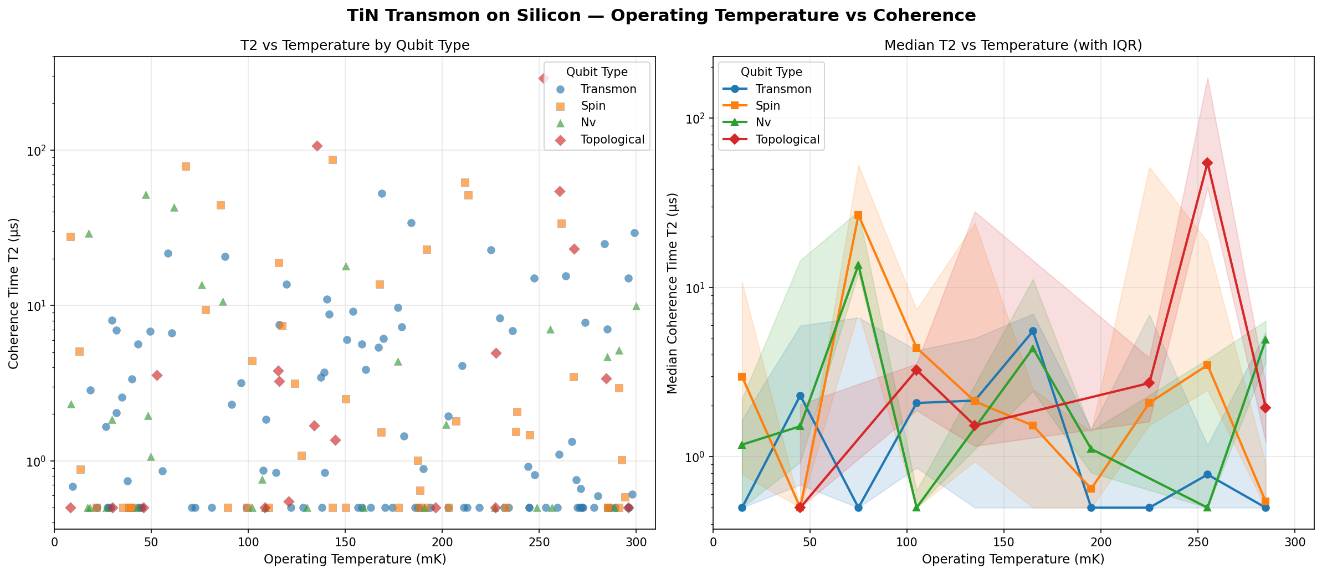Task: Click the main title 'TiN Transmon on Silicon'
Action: pyautogui.click(x=661, y=16)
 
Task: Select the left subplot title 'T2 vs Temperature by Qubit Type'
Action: pyautogui.click(x=355, y=45)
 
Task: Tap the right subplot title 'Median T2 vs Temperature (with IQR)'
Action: pyautogui.click(x=1013, y=45)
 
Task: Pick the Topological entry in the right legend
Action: pyautogui.click(x=787, y=140)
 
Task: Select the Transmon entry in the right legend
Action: pyautogui.click(x=783, y=89)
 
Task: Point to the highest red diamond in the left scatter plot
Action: pyautogui.click(x=544, y=78)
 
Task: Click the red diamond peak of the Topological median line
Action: pyautogui.click(x=1207, y=163)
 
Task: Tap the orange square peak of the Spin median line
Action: pyautogui.click(x=858, y=215)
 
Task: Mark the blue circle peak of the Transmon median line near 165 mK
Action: pyautogui.click(x=1033, y=331)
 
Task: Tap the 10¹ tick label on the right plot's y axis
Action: pyautogui.click(x=697, y=288)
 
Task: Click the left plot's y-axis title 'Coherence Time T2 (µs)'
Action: pyautogui.click(x=13, y=293)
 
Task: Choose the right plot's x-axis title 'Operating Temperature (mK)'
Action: pyautogui.click(x=1013, y=559)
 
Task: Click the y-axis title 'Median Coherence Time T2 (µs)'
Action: pyautogui.click(x=672, y=293)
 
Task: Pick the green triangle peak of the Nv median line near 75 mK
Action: pyautogui.click(x=858, y=265)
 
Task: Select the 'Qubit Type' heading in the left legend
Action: pyautogui.click(x=597, y=72)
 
